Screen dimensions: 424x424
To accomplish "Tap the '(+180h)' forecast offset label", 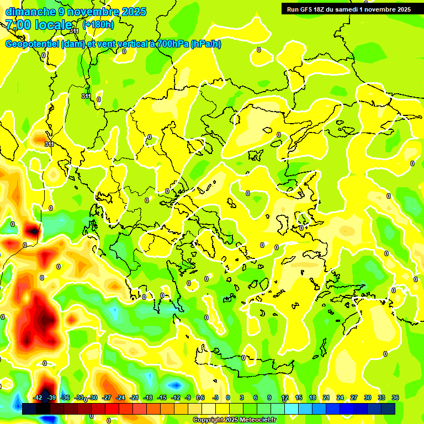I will [98, 24].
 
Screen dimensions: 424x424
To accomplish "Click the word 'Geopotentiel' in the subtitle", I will [32, 44].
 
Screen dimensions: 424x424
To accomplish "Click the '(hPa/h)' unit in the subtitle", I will [205, 44].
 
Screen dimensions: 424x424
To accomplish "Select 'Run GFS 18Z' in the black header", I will [306, 9].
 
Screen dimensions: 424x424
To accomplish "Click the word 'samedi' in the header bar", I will [345, 9].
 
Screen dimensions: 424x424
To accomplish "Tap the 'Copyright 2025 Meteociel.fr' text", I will [234, 420].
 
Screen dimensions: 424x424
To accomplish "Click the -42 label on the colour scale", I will [38, 398].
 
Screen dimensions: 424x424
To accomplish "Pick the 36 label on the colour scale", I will [395, 398].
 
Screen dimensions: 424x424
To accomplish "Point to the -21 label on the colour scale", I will [134, 398].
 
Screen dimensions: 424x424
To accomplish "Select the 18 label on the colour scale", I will [312, 398].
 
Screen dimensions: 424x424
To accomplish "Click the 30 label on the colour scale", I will [368, 398].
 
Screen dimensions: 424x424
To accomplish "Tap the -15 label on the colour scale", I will [162, 398].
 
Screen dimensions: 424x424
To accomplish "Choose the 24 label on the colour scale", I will [340, 398].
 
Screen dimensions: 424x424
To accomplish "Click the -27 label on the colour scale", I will [107, 398].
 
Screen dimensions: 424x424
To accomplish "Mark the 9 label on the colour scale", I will [269, 398].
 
